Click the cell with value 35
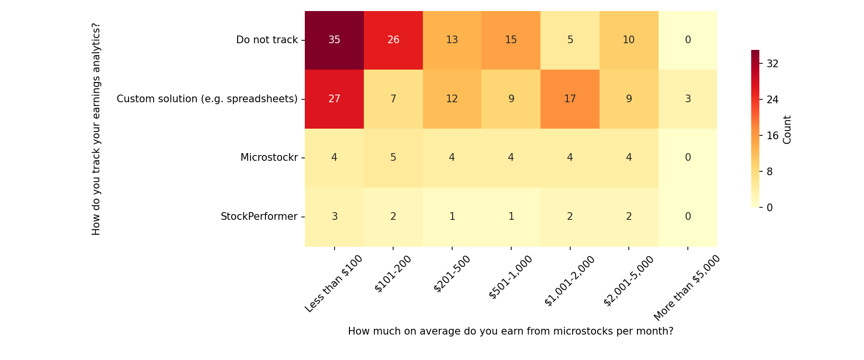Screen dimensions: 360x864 334,40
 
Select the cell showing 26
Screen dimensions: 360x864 393,40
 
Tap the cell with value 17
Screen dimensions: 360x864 570,99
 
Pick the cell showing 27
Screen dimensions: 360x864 334,99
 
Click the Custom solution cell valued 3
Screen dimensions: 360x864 687,99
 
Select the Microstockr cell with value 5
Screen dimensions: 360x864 393,157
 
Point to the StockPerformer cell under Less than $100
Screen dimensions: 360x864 334,216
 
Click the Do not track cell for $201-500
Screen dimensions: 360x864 452,40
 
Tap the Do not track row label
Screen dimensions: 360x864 267,40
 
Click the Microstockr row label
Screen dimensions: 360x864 269,157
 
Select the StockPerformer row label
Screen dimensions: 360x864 259,216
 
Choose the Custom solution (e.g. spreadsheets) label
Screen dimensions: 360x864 207,99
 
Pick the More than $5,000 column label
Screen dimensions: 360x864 687,288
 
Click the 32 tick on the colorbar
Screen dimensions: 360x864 772,63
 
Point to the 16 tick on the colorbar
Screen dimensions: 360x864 772,135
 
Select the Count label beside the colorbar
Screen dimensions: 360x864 787,130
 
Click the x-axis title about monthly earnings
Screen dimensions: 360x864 510,331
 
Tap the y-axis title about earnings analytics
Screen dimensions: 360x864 96,129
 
